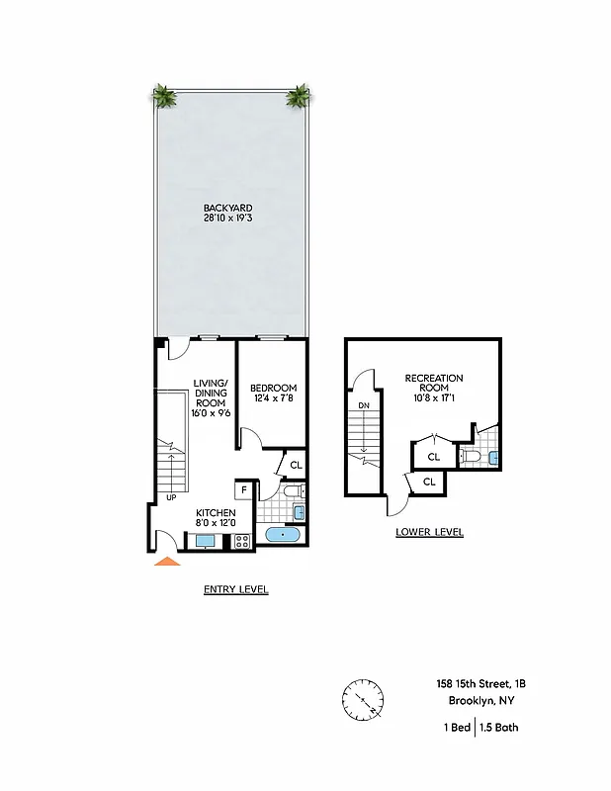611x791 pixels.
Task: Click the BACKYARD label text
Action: tap(227, 209)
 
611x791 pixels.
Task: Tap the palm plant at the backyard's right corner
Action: tap(298, 96)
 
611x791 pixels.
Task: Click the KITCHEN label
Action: tap(215, 512)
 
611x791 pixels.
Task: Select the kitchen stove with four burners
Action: tap(241, 541)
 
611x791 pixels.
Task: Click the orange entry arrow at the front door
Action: tap(168, 562)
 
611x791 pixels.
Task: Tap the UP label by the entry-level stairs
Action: tap(171, 496)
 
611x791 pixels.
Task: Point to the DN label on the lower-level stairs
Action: tap(364, 404)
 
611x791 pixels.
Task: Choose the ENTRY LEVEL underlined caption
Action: tap(235, 589)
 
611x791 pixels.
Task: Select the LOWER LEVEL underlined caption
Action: tap(429, 532)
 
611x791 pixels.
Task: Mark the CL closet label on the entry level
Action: tap(296, 465)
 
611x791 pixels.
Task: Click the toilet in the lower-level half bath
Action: tap(472, 457)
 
